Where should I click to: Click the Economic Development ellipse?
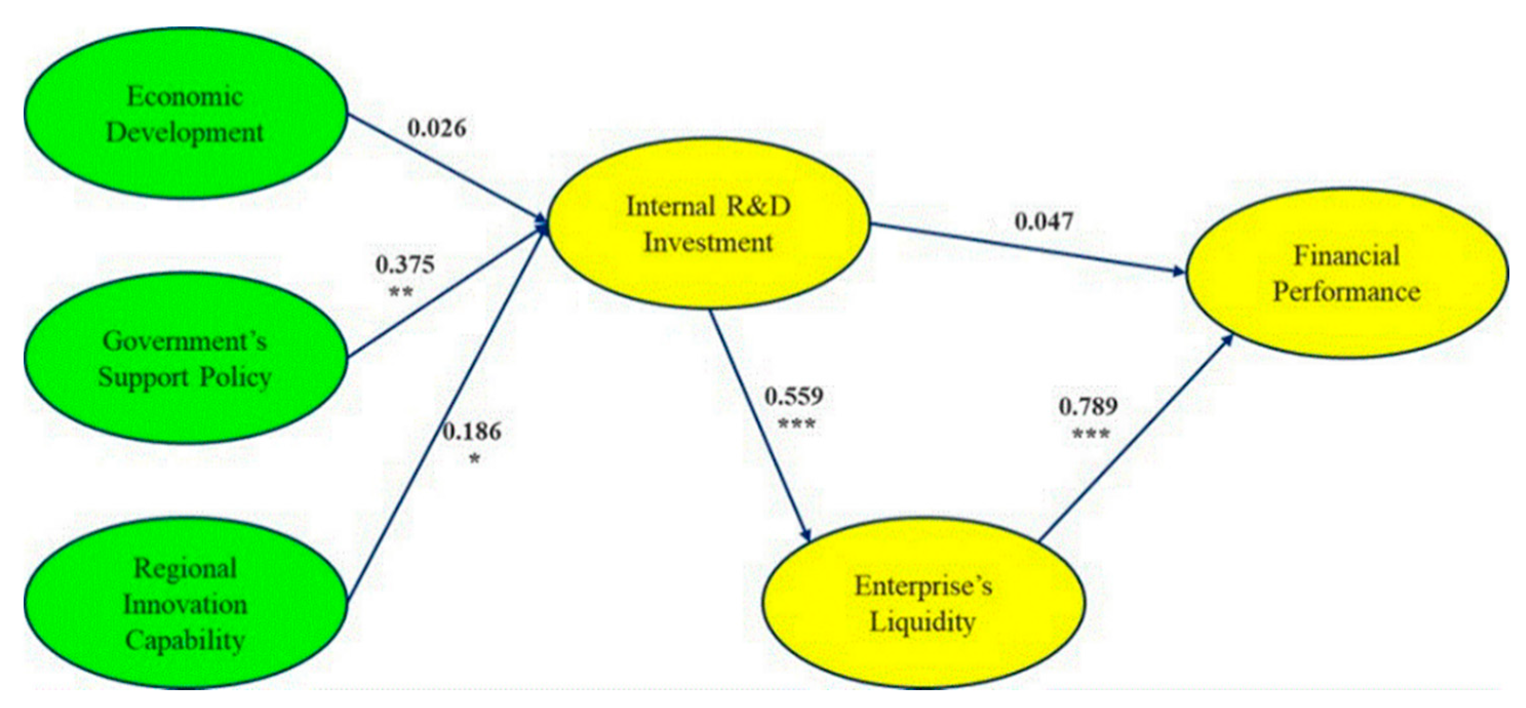tap(185, 114)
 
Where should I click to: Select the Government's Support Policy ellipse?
tap(185, 359)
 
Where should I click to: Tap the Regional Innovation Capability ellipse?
tap(185, 604)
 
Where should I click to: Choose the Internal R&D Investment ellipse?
tap(708, 225)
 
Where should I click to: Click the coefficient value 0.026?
tap(437, 128)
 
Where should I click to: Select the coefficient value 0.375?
tap(405, 265)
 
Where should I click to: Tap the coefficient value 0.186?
tap(472, 432)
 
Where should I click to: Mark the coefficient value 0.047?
tap(1044, 221)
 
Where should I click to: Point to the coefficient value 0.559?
tap(794, 396)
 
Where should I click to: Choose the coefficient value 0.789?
tap(1088, 406)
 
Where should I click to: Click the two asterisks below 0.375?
tap(401, 292)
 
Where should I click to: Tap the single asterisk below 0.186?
tap(474, 459)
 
